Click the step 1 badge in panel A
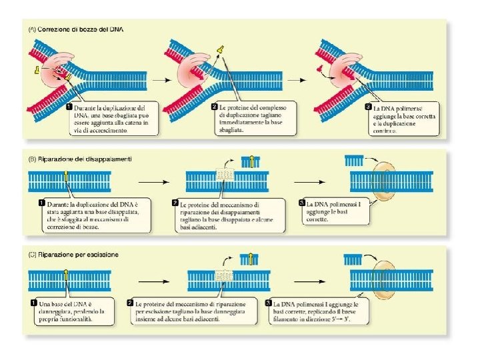pyautogui.click(x=69, y=107)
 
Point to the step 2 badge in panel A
pyautogui.click(x=213, y=107)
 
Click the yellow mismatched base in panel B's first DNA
pyautogui.click(x=66, y=176)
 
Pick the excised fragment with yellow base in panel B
pyautogui.click(x=251, y=161)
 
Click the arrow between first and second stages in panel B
pyautogui.click(x=151, y=181)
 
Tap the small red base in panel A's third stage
pyautogui.click(x=319, y=69)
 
